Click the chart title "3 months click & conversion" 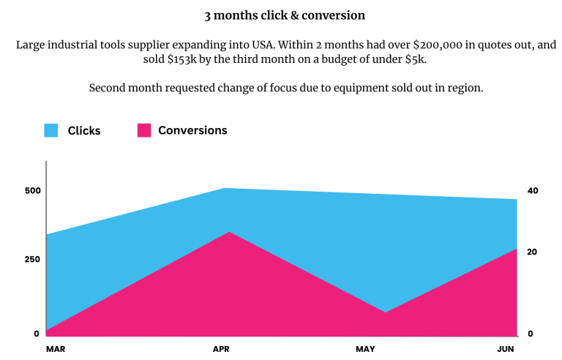285,15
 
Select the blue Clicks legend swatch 50,131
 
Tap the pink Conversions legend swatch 144,131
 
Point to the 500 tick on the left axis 32,191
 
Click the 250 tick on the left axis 32,259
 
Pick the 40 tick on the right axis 533,191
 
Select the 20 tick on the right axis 532,252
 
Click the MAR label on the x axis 56,350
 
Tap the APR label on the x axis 221,350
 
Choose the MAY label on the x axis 365,350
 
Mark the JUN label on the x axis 506,350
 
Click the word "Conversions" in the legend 192,130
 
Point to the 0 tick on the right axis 530,334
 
